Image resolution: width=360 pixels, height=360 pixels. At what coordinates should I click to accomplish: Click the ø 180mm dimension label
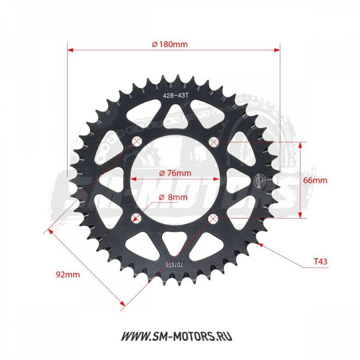point(169,44)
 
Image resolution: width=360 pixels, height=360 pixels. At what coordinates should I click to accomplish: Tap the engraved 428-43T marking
point(174,96)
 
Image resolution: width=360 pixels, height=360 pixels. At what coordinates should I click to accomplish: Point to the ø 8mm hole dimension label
point(173,197)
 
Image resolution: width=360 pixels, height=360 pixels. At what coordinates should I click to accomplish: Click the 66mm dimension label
point(315,181)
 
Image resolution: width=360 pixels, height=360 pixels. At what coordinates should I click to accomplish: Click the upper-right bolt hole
point(214,142)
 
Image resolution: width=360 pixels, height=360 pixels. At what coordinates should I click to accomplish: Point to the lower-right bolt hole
point(214,218)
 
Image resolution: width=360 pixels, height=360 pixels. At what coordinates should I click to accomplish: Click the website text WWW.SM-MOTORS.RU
point(181,336)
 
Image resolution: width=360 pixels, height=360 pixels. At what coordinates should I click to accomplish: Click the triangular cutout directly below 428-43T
point(175,114)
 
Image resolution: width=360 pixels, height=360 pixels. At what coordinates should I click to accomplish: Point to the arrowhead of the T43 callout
point(263,243)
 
